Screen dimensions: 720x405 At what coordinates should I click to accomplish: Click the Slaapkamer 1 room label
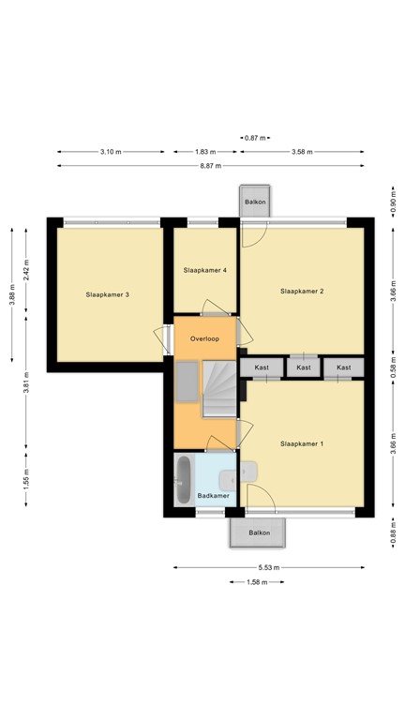[302, 443]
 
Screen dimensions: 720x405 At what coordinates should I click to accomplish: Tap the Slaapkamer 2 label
[302, 292]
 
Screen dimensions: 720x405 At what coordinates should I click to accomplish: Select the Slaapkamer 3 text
[108, 294]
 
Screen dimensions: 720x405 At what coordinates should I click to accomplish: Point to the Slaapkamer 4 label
[205, 270]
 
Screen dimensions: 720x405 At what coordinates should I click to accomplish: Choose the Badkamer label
[213, 495]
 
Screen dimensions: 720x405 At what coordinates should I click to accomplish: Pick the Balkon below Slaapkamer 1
[258, 532]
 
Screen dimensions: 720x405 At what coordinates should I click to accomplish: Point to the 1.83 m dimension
[204, 151]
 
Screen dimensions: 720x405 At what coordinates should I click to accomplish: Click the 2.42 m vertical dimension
[27, 270]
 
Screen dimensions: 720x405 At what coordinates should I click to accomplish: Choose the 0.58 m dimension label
[393, 367]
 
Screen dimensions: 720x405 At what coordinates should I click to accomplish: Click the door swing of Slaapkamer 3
[159, 338]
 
